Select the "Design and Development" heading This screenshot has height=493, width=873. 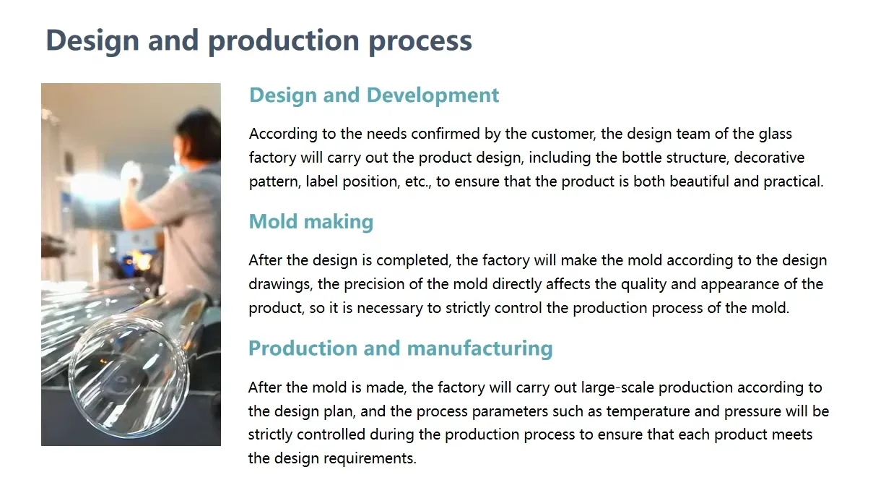(374, 95)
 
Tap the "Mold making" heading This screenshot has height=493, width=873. (310, 222)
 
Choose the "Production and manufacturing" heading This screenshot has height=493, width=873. (400, 348)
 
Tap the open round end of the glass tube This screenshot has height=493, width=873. (133, 369)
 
